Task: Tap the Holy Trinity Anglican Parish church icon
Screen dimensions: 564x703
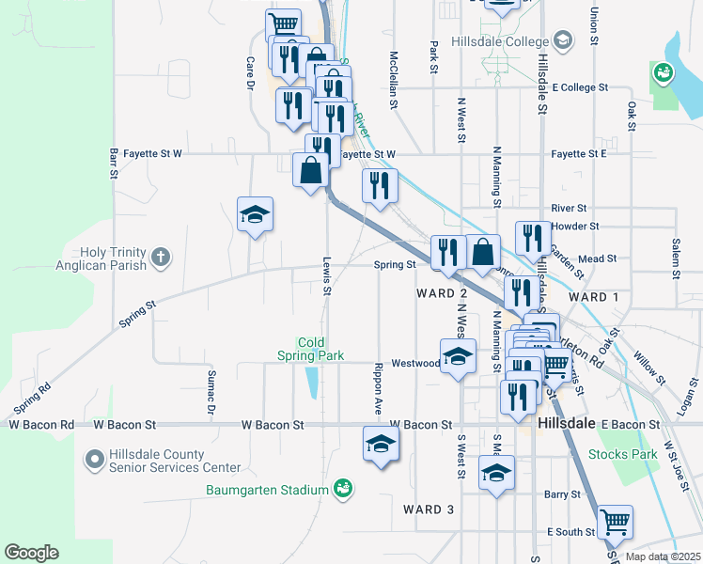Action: point(162,255)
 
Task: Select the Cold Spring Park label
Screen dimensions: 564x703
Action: point(310,349)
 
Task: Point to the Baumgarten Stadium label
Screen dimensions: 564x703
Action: point(268,490)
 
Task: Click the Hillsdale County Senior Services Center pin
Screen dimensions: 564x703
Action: point(94,460)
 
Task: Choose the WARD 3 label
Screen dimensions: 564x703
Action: point(428,509)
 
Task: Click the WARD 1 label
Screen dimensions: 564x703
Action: point(594,297)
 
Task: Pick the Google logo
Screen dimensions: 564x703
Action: point(31,553)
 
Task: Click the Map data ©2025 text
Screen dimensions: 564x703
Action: point(663,556)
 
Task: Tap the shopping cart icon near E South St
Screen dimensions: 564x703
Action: point(615,522)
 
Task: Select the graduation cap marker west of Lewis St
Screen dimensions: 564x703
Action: point(255,215)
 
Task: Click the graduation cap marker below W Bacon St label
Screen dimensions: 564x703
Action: point(381,445)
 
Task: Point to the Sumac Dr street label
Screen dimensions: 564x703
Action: point(211,392)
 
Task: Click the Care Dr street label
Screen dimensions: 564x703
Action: point(251,72)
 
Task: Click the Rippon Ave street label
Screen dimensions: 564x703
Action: point(378,388)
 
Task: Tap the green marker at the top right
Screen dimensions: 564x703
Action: point(663,71)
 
